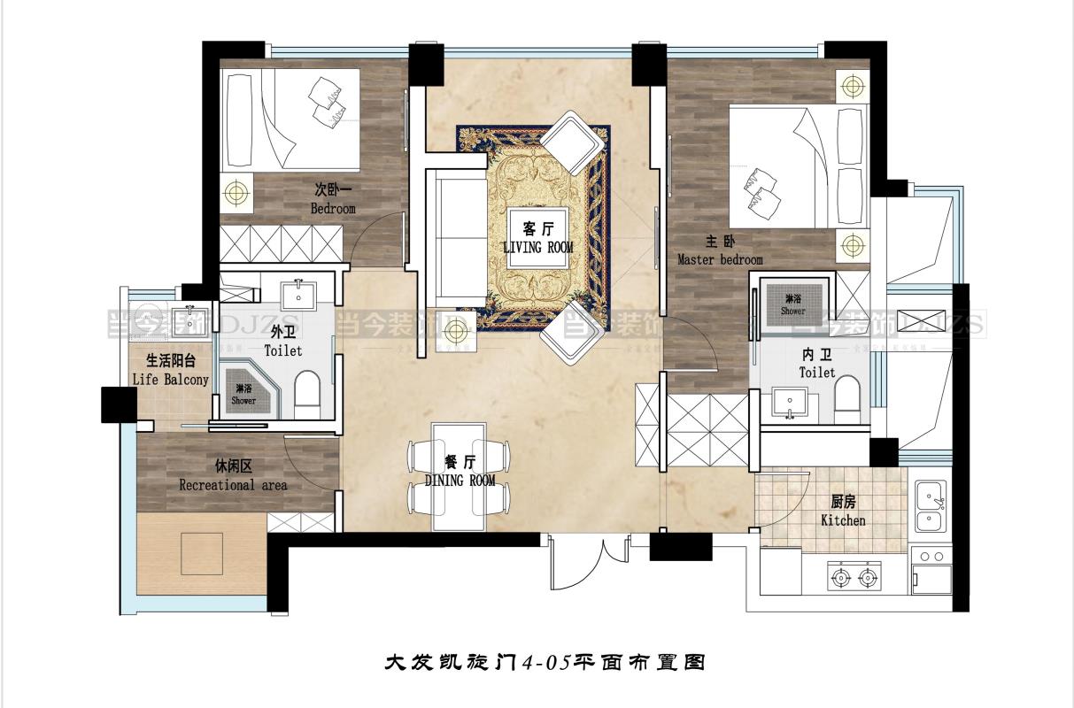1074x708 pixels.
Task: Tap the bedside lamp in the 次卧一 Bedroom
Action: point(235,190)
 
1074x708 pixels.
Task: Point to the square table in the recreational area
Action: point(202,554)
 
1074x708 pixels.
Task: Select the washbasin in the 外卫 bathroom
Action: point(298,295)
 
